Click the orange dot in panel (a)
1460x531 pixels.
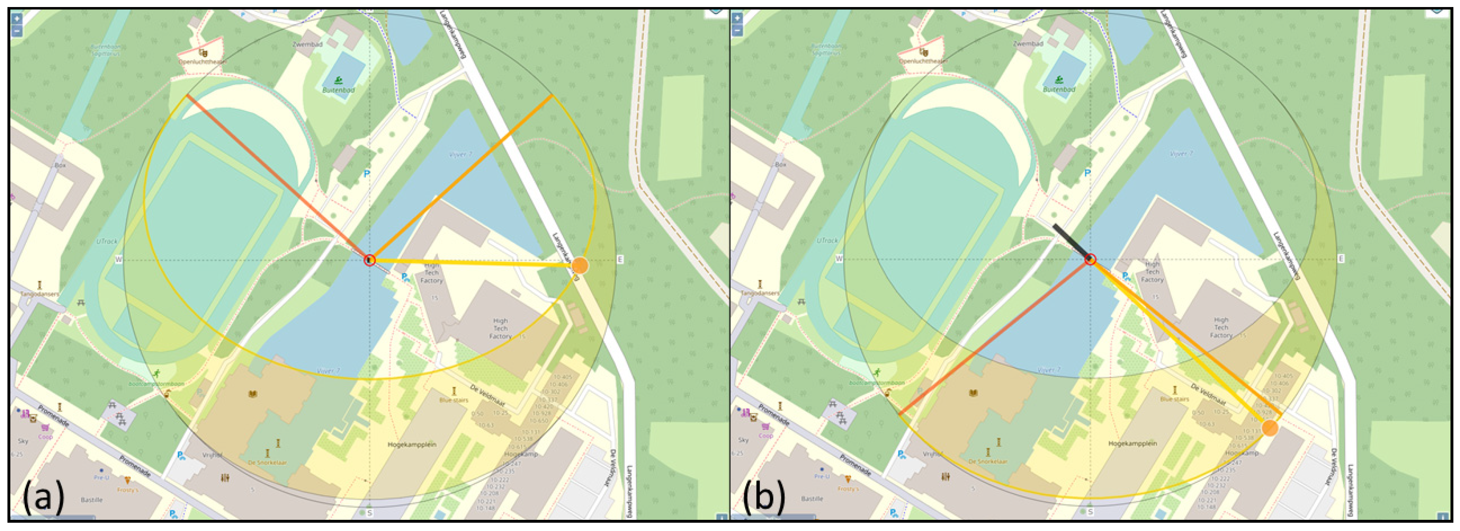[x=580, y=265]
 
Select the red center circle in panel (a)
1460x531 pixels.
[x=370, y=260]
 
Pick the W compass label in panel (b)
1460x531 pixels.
[x=839, y=259]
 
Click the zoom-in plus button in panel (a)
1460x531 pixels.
[x=17, y=18]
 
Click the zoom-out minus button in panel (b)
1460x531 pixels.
[x=737, y=30]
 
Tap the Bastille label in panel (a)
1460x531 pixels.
[x=92, y=500]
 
